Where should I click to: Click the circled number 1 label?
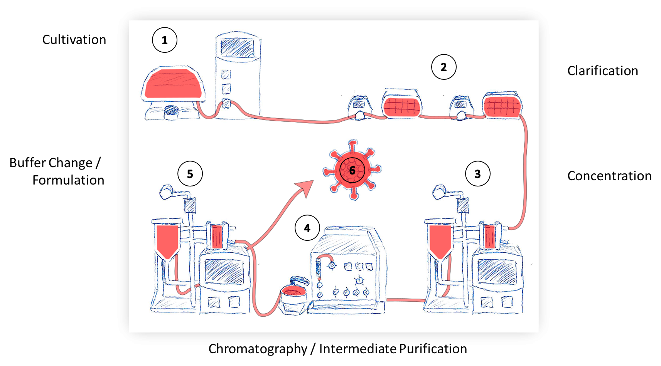pos(165,40)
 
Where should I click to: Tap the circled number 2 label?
pos(443,67)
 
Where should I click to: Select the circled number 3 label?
pos(477,174)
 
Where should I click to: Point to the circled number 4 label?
pos(307,228)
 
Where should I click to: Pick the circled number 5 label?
pos(190,174)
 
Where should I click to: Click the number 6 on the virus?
pos(352,170)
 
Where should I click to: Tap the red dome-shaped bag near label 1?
pos(174,84)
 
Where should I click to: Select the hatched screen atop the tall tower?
pos(238,47)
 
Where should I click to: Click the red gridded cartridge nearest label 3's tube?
pos(502,106)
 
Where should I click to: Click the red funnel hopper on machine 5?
pos(167,240)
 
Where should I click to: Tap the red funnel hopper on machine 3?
pos(440,240)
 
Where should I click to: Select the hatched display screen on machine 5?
pos(224,271)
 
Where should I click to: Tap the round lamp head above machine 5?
pos(167,191)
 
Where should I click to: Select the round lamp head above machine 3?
pos(439,191)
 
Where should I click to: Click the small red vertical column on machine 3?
pos(489,237)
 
